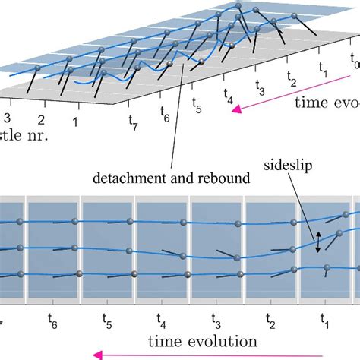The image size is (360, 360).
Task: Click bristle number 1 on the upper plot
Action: point(75,121)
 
